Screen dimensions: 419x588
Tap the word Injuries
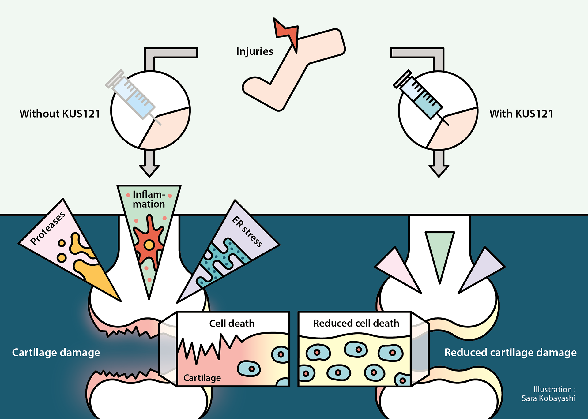[254, 51]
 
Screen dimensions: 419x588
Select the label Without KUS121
[60, 114]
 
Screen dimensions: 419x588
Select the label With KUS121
[521, 114]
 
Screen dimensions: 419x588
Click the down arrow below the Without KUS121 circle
[149, 164]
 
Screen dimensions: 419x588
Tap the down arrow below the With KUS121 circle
[439, 164]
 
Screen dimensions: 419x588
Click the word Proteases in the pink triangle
[48, 228]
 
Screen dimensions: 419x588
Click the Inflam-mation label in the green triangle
[149, 199]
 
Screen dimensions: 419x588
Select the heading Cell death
[232, 324]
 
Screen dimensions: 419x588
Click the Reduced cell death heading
[356, 323]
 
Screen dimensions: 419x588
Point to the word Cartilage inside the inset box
[202, 378]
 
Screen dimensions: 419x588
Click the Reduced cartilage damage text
[510, 353]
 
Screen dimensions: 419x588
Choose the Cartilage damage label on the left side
[56, 353]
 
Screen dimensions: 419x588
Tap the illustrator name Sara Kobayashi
[548, 398]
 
